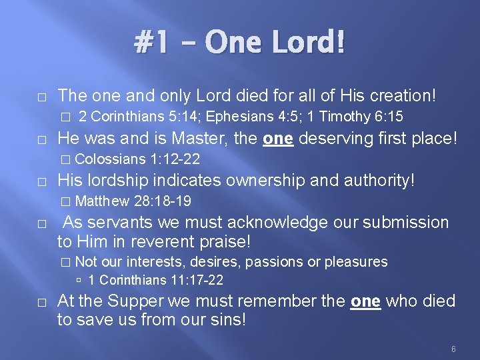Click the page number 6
(x=453, y=349)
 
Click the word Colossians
(x=111, y=159)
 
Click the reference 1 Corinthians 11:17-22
(x=155, y=280)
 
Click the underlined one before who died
(x=366, y=301)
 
